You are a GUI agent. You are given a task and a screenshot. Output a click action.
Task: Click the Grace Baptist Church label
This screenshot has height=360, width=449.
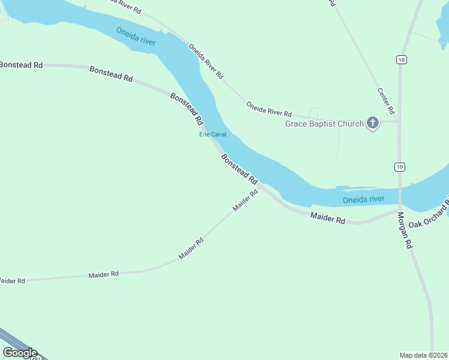click(324, 124)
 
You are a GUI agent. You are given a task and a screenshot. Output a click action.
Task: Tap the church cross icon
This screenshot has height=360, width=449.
click(373, 124)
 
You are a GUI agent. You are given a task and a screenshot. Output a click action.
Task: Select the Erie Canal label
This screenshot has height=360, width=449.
click(212, 134)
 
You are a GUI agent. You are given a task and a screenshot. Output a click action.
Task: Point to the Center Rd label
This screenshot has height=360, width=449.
click(386, 101)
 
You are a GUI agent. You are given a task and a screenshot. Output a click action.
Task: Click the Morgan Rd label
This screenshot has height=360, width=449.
click(403, 230)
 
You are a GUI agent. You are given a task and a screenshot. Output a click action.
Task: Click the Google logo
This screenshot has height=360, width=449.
click(20, 352)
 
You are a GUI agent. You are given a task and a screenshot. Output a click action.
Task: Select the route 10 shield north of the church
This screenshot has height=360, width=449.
click(400, 59)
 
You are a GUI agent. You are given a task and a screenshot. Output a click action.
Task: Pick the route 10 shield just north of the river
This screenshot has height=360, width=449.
click(400, 166)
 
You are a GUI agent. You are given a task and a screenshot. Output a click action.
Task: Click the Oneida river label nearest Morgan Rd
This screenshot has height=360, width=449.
click(363, 200)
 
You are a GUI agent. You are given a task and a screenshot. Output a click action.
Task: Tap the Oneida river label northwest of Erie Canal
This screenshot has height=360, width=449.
click(136, 35)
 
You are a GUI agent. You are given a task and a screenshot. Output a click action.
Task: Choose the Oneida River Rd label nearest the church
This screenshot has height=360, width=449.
click(269, 109)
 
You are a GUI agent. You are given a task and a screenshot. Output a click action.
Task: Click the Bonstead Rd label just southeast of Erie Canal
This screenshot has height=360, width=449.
click(239, 169)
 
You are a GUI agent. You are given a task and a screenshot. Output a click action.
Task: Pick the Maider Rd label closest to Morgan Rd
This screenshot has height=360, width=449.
click(328, 217)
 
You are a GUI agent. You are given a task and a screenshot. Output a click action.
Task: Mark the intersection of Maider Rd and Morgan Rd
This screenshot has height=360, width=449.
click(399, 211)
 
